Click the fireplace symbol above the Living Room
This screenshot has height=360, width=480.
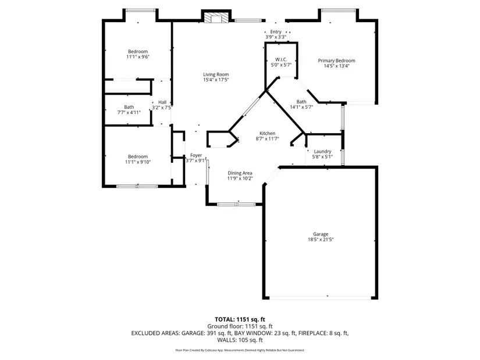(x=216, y=18)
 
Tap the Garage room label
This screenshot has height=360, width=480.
(x=321, y=234)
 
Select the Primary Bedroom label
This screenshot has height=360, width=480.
(x=336, y=60)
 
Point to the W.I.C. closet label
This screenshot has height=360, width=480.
(x=281, y=59)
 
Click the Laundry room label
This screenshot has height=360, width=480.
(x=322, y=151)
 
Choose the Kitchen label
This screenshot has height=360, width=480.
(x=267, y=133)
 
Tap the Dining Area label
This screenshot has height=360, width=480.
(x=240, y=173)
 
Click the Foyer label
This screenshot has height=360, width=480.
(x=196, y=155)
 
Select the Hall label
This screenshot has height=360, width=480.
(x=162, y=102)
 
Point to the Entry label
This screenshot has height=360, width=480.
(x=276, y=31)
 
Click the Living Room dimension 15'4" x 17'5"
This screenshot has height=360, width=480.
(x=216, y=80)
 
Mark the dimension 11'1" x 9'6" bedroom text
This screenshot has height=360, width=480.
(x=138, y=56)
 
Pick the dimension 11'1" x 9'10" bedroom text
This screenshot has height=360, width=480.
(x=138, y=162)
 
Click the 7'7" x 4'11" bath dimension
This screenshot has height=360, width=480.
(x=129, y=112)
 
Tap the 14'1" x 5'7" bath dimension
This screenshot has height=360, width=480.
(x=301, y=107)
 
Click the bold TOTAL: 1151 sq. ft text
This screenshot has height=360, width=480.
(x=240, y=320)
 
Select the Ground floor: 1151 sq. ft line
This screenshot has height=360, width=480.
(x=240, y=326)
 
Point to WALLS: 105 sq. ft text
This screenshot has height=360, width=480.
(x=240, y=340)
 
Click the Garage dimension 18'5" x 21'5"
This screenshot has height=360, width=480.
(x=321, y=240)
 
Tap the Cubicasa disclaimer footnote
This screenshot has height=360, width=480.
(x=240, y=350)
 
